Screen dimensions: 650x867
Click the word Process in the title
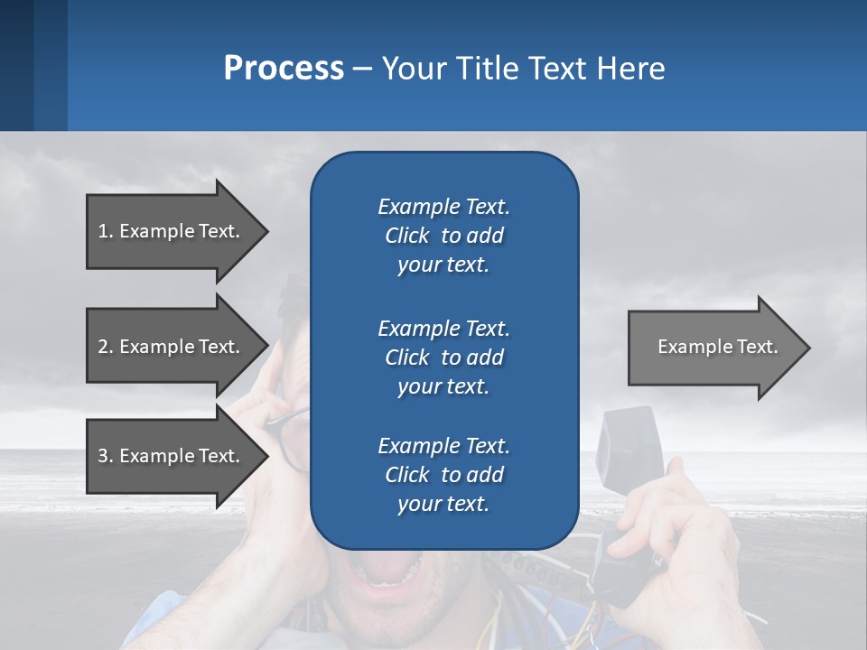point(284,69)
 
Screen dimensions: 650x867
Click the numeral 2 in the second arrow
point(103,347)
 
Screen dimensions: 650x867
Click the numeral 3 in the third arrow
point(103,456)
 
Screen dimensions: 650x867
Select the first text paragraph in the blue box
point(443,236)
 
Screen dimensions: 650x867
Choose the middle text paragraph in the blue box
point(443,357)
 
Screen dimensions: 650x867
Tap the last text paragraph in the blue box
point(443,475)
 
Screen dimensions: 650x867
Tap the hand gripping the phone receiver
point(673,524)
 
